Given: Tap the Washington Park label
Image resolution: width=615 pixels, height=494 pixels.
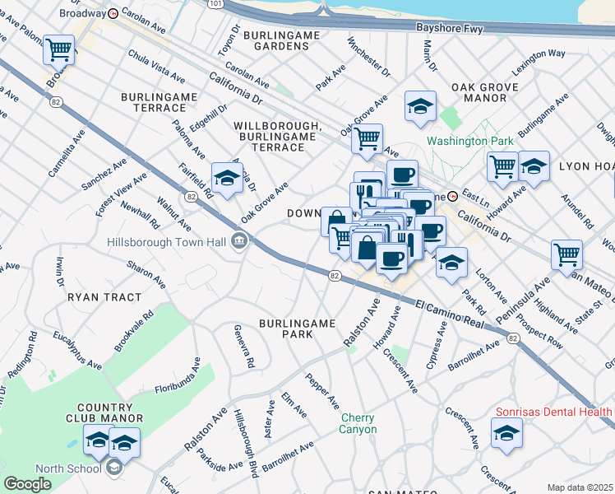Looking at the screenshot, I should (469, 141).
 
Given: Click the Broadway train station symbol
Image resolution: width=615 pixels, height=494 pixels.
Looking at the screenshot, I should (113, 13).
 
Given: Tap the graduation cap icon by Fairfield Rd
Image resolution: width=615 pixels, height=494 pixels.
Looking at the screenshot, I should (226, 177).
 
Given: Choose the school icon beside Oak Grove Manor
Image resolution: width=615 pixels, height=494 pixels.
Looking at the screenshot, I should (420, 106).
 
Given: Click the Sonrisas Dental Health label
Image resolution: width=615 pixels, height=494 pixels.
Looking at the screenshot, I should (553, 411).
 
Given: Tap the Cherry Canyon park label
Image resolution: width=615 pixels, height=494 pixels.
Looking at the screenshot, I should (358, 423).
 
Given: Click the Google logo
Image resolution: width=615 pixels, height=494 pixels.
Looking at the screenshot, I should (27, 484).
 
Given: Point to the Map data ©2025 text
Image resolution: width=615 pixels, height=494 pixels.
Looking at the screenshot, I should (580, 487).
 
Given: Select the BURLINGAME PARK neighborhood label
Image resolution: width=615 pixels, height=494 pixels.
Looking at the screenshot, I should (298, 329).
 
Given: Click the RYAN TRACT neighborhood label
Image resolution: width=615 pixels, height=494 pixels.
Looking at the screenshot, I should (95, 296).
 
